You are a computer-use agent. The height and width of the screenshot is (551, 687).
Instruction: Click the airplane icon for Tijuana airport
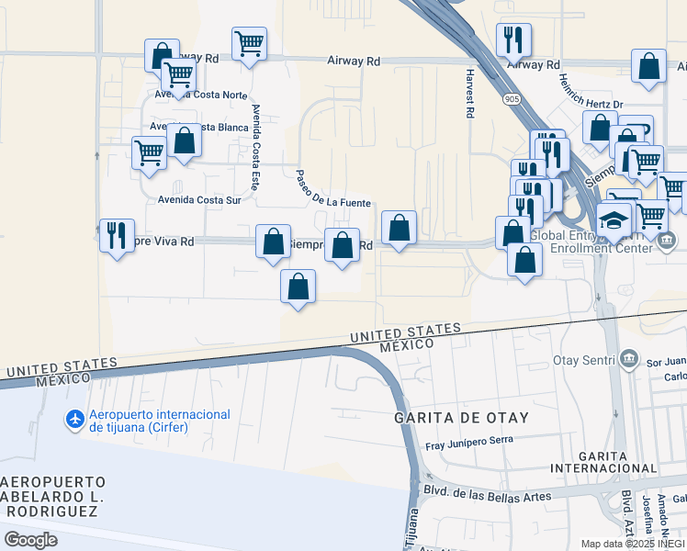click(75, 420)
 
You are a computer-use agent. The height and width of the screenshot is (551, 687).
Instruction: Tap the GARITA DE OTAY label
click(461, 418)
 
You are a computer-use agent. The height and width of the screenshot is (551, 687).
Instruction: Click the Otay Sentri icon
click(629, 357)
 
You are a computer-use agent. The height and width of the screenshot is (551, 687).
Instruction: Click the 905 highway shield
click(512, 96)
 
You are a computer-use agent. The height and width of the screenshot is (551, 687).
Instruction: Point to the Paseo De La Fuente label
click(332, 189)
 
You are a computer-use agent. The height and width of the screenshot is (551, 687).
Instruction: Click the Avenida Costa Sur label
click(199, 199)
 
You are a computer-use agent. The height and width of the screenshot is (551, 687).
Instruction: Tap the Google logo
click(30, 540)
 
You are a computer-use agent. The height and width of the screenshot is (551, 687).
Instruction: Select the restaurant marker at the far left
click(117, 235)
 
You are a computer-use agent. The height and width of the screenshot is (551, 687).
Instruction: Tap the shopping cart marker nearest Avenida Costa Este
click(249, 43)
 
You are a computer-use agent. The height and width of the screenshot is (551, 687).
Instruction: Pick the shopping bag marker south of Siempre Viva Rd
click(298, 287)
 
